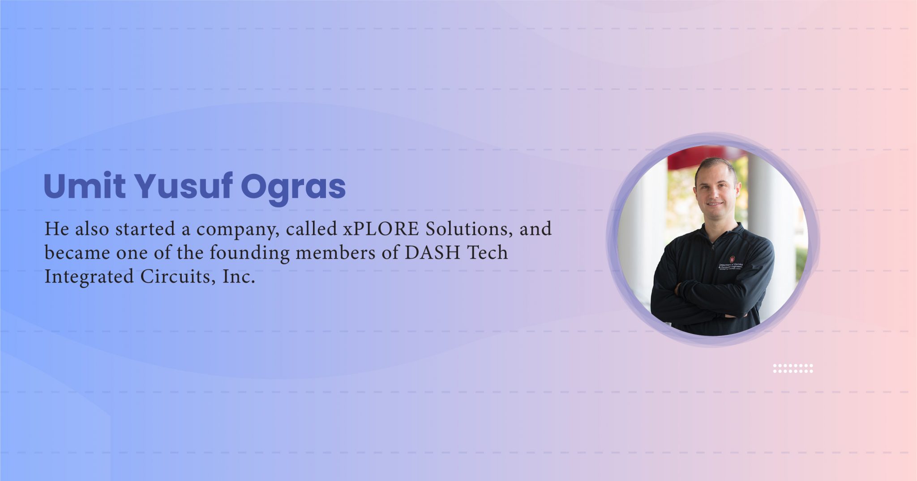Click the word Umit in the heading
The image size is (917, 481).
click(x=84, y=186)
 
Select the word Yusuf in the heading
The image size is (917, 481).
click(x=183, y=186)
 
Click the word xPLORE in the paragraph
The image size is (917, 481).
click(x=381, y=229)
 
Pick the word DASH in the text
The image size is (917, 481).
click(x=433, y=253)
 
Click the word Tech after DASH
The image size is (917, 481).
click(x=488, y=253)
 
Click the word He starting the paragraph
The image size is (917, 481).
click(x=56, y=229)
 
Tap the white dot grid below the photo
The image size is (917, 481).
click(x=793, y=368)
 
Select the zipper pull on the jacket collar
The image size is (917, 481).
click(x=713, y=247)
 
